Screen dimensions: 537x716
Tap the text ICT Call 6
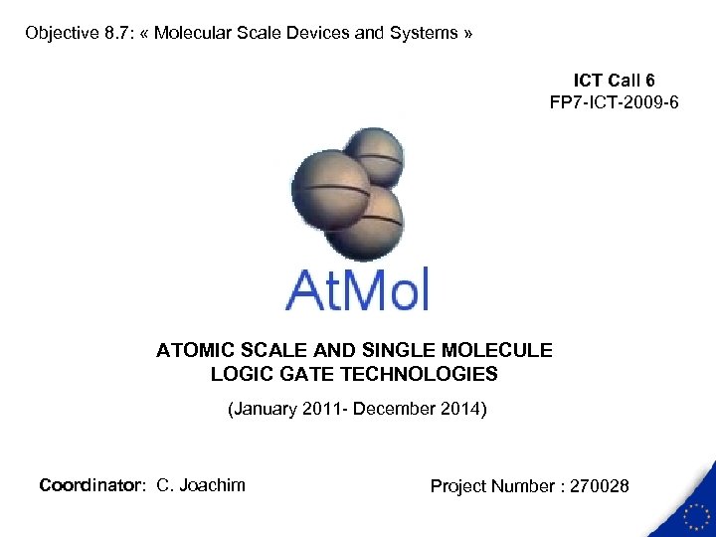click(x=614, y=80)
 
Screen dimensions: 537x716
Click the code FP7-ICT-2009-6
click(x=614, y=101)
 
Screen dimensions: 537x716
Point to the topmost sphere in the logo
click(x=373, y=156)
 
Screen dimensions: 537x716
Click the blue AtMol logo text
click(x=357, y=289)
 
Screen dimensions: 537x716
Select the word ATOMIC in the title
click(x=193, y=350)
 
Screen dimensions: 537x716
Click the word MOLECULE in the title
click(x=502, y=350)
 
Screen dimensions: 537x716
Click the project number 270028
click(x=596, y=486)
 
